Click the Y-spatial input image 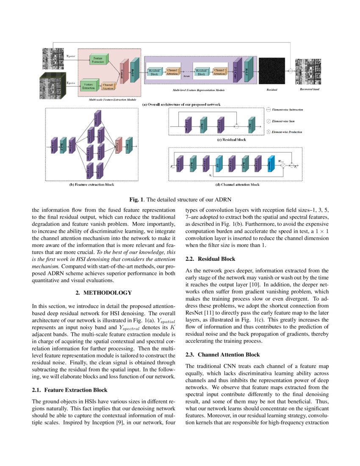(x=53, y=58)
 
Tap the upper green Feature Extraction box (x=99, y=60)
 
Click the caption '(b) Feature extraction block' (x=92, y=185)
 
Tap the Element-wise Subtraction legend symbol (x=268, y=110)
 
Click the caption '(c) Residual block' (x=231, y=140)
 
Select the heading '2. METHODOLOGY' (x=103, y=293)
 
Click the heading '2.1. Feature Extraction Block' (x=69, y=390)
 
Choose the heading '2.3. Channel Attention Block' (x=223, y=354)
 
